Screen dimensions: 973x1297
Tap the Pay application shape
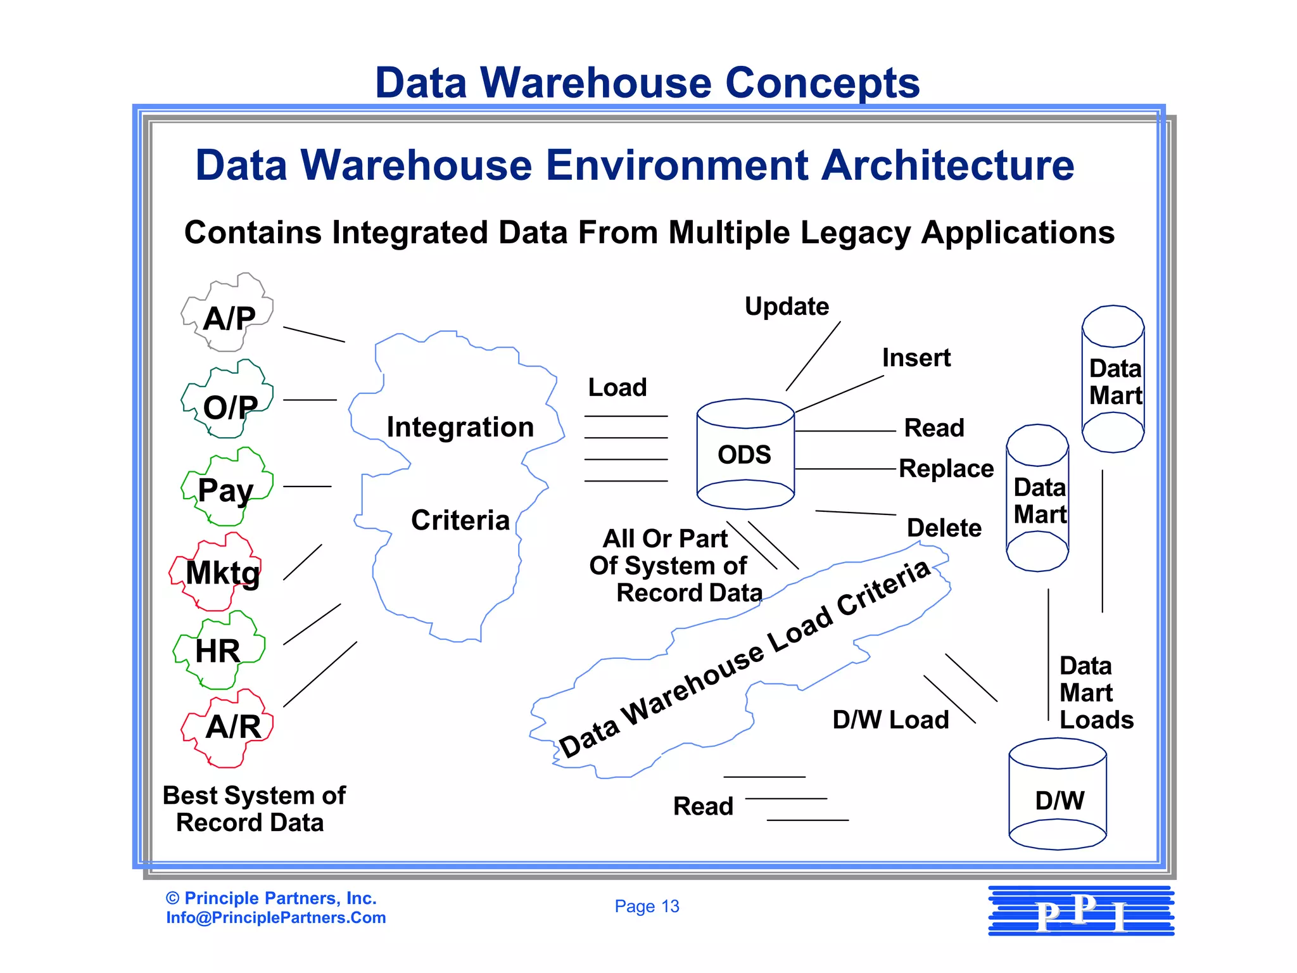click(227, 488)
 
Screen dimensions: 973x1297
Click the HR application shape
click(218, 651)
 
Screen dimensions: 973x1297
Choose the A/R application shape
click(230, 727)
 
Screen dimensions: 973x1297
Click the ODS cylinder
click(745, 454)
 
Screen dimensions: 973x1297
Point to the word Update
click(787, 307)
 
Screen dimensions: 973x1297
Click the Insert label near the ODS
click(916, 358)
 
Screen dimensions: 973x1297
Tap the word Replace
click(946, 469)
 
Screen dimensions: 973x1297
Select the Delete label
click(944, 528)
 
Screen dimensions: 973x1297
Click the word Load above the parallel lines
click(617, 388)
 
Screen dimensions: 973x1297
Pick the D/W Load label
click(890, 720)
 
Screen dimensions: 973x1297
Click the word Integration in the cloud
click(460, 428)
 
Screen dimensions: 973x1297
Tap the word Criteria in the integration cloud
click(460, 521)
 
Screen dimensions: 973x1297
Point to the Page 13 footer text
click(647, 906)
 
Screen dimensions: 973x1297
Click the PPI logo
click(1081, 912)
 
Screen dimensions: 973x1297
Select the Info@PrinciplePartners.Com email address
click(276, 918)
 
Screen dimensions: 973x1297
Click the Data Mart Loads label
click(1096, 693)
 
